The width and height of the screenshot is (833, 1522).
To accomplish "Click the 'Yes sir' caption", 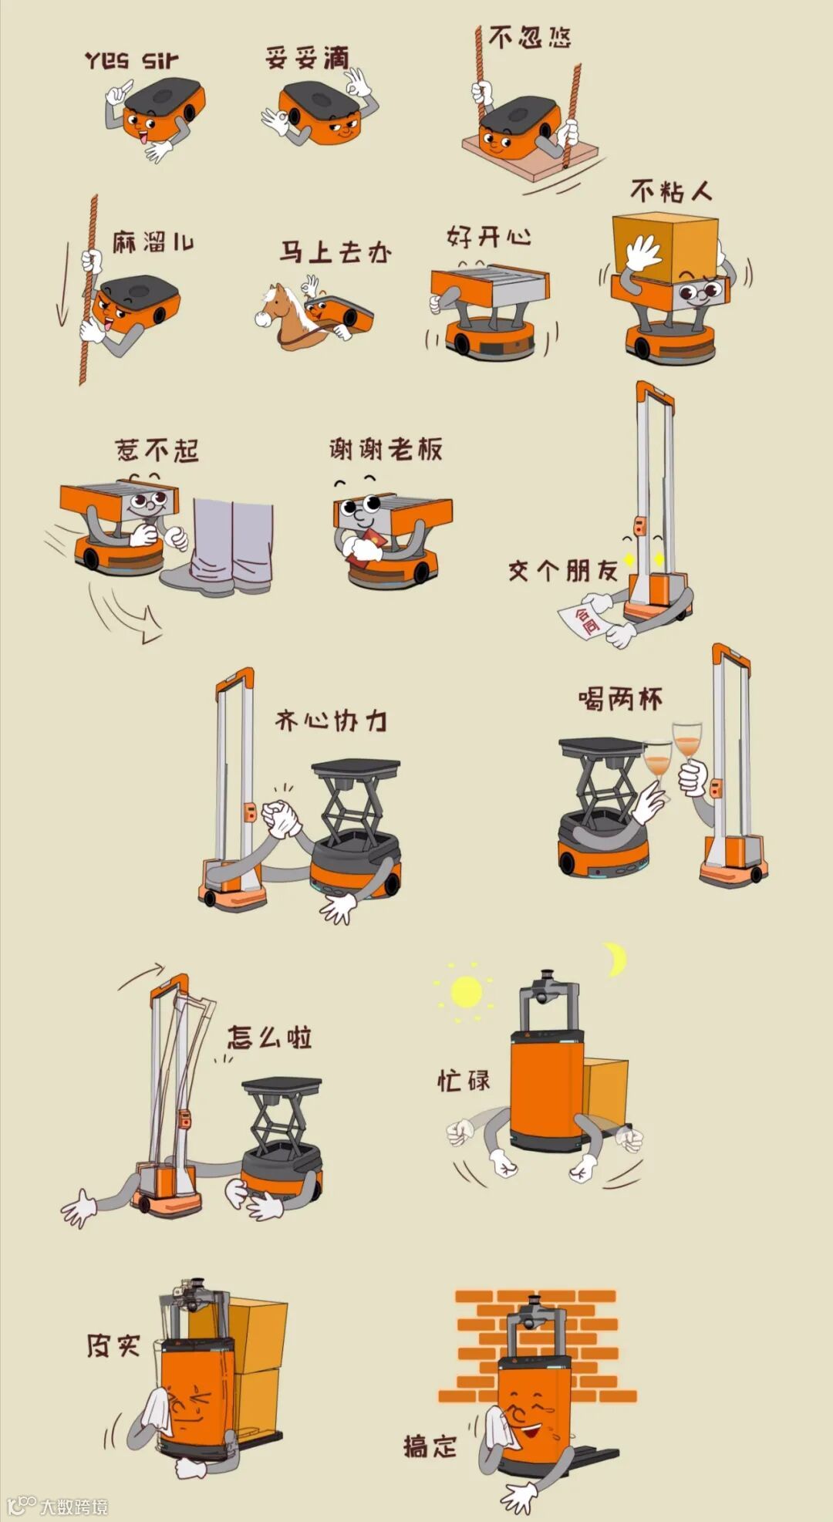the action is [x=132, y=60].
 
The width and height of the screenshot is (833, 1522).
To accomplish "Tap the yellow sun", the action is [x=466, y=992].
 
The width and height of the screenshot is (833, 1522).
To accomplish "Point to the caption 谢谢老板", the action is [x=386, y=448].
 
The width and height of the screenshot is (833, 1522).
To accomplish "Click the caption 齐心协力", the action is [x=331, y=721].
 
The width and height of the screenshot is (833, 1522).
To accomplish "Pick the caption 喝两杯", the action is [x=621, y=699].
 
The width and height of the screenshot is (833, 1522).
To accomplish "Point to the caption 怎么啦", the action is [x=269, y=1037].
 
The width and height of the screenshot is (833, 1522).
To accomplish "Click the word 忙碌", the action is [x=464, y=1079].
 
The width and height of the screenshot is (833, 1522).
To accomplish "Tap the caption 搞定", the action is [x=430, y=1445].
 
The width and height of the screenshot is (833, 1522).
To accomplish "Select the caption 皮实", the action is [x=113, y=1345].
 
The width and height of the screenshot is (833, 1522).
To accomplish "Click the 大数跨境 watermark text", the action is [x=74, y=1506].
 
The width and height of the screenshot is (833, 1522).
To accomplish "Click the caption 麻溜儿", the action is [x=153, y=242].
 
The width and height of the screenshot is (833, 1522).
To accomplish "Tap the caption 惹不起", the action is [x=157, y=450].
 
